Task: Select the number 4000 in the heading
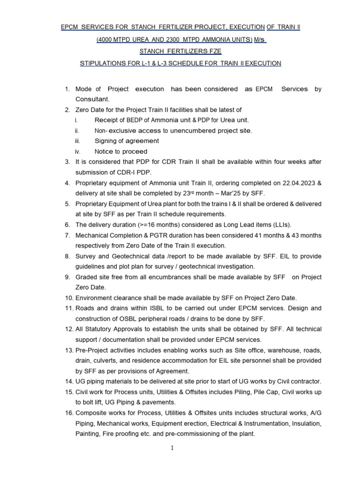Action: (x=107, y=40)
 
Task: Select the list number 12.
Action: (x=69, y=330)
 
